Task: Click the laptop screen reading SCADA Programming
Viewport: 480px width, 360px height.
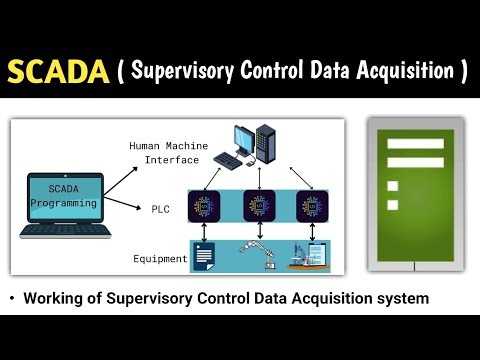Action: point(62,195)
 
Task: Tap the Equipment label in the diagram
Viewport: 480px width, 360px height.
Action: point(160,259)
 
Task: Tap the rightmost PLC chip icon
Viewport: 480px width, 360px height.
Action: point(310,207)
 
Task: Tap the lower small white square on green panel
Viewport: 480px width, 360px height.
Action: point(392,205)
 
